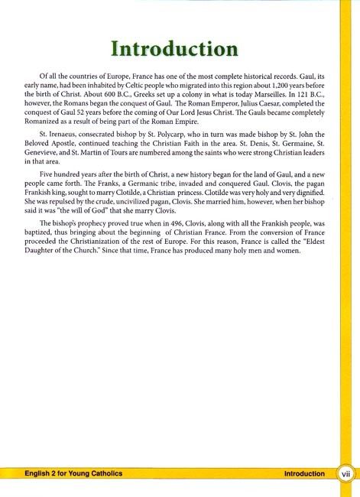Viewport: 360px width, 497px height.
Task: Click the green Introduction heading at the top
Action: click(173, 50)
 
